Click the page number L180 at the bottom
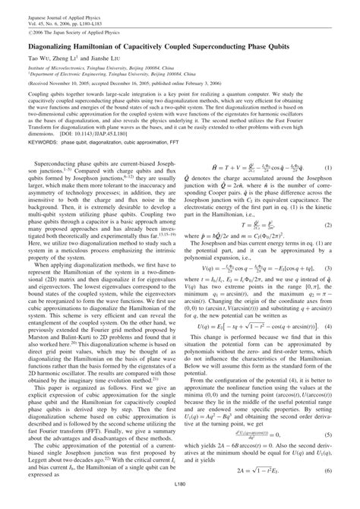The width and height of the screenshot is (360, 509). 180,504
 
